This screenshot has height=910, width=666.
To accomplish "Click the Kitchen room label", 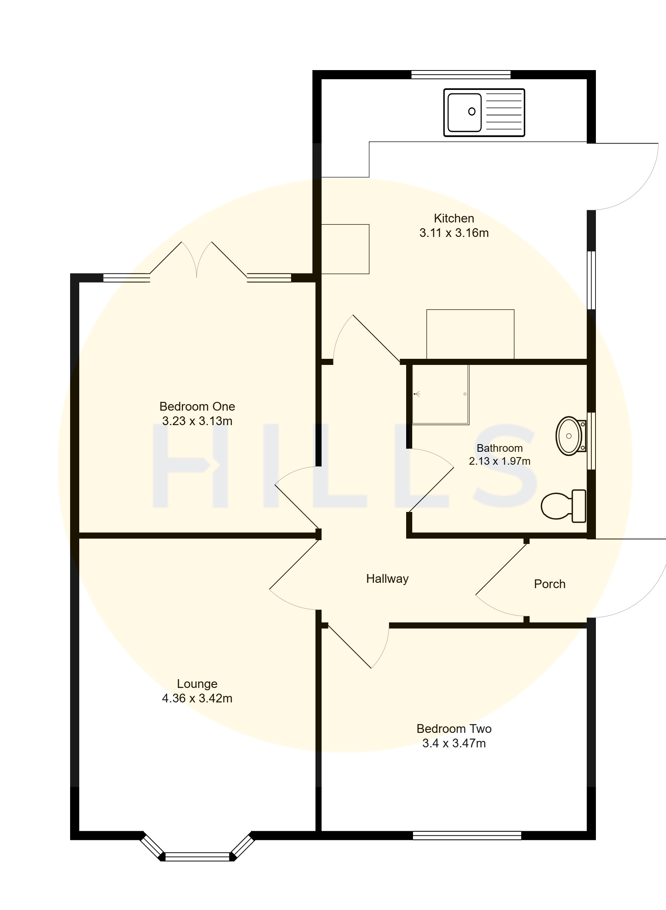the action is pyautogui.click(x=453, y=218).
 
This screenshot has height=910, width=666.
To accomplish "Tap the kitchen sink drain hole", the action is pyautogui.click(x=472, y=112).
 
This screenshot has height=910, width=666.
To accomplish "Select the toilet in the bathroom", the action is pyautogui.click(x=563, y=506).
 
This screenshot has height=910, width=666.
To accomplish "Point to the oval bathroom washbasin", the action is pyautogui.click(x=568, y=436).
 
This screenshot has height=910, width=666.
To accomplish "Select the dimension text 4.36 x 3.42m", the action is pyautogui.click(x=197, y=699).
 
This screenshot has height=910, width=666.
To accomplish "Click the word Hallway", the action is pyautogui.click(x=387, y=579).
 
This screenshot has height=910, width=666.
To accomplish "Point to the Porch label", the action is pyautogui.click(x=549, y=584).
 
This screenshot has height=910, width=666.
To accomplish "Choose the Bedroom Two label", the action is pyautogui.click(x=454, y=729).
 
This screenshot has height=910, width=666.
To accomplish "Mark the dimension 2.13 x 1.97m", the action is pyautogui.click(x=499, y=461).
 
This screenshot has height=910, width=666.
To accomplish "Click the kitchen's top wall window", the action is pyautogui.click(x=461, y=75).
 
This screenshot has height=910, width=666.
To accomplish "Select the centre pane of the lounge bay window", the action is pyautogui.click(x=197, y=857).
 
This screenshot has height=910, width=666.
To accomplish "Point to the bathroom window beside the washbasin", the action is pyautogui.click(x=591, y=441).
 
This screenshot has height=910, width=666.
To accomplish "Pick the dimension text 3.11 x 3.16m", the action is pyautogui.click(x=454, y=233).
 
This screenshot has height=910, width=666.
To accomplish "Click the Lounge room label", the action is pyautogui.click(x=197, y=684).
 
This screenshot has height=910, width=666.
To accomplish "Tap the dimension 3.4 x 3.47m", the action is pyautogui.click(x=454, y=743).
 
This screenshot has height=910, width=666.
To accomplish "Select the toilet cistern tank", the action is pyautogui.click(x=579, y=506).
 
